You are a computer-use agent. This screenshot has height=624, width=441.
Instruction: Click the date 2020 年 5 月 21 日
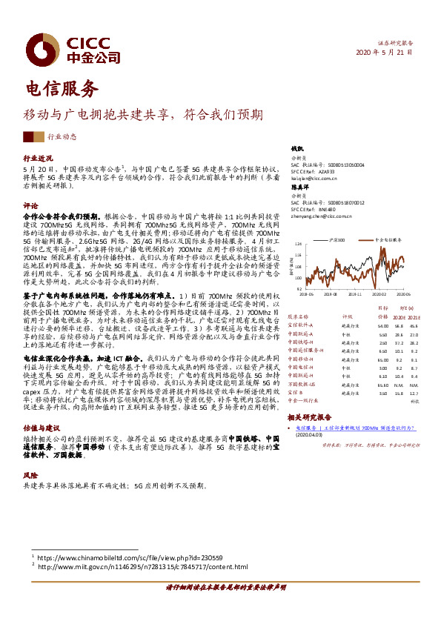(x=384, y=52)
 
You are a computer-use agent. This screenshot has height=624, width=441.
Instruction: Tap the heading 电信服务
(x=62, y=90)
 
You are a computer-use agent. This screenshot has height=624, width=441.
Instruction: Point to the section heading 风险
(x=30, y=474)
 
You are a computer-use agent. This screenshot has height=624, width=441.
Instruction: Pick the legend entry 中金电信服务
(x=387, y=240)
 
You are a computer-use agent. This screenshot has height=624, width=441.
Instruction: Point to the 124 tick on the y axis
(x=298, y=243)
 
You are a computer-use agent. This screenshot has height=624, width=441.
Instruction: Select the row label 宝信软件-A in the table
(x=300, y=325)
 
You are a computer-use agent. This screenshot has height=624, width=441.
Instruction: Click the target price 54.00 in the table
(x=382, y=325)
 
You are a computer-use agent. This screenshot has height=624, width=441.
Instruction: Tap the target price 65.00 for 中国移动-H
(x=382, y=359)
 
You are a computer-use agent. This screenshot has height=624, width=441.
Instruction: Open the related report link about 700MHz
(x=355, y=428)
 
